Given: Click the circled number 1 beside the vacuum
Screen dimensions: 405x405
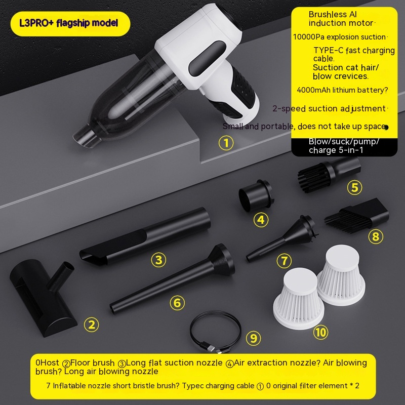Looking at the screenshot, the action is tap(226, 143).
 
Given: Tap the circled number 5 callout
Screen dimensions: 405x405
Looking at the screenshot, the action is tap(355, 187).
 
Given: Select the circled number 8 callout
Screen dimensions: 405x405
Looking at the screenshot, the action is tap(376, 236).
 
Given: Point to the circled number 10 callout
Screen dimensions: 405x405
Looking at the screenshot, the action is tap(320, 333).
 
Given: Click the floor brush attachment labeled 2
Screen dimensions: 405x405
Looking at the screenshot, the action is tap(39, 297).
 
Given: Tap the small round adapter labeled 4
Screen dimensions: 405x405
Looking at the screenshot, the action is tap(256, 195).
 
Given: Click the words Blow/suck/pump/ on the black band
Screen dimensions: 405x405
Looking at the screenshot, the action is tap(344, 142).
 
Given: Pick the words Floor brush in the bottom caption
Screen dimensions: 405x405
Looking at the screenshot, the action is tap(92, 362).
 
